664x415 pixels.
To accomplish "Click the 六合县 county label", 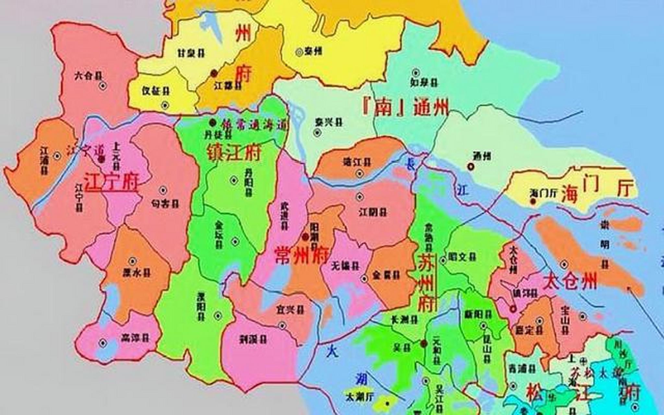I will (88, 76).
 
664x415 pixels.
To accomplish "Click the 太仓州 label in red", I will (570, 281).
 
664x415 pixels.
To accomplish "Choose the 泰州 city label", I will (313, 51).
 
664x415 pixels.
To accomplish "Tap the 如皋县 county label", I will (424, 82).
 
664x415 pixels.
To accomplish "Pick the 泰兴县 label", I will (329, 122).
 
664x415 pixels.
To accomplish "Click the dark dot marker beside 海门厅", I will (533, 201).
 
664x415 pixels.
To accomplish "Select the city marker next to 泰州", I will (299, 52).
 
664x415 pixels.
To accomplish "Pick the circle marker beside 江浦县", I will (57, 156).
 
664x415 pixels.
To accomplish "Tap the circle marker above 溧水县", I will (132, 261).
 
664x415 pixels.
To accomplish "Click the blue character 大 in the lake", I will (332, 351).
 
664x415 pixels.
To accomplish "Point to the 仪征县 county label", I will (156, 91).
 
